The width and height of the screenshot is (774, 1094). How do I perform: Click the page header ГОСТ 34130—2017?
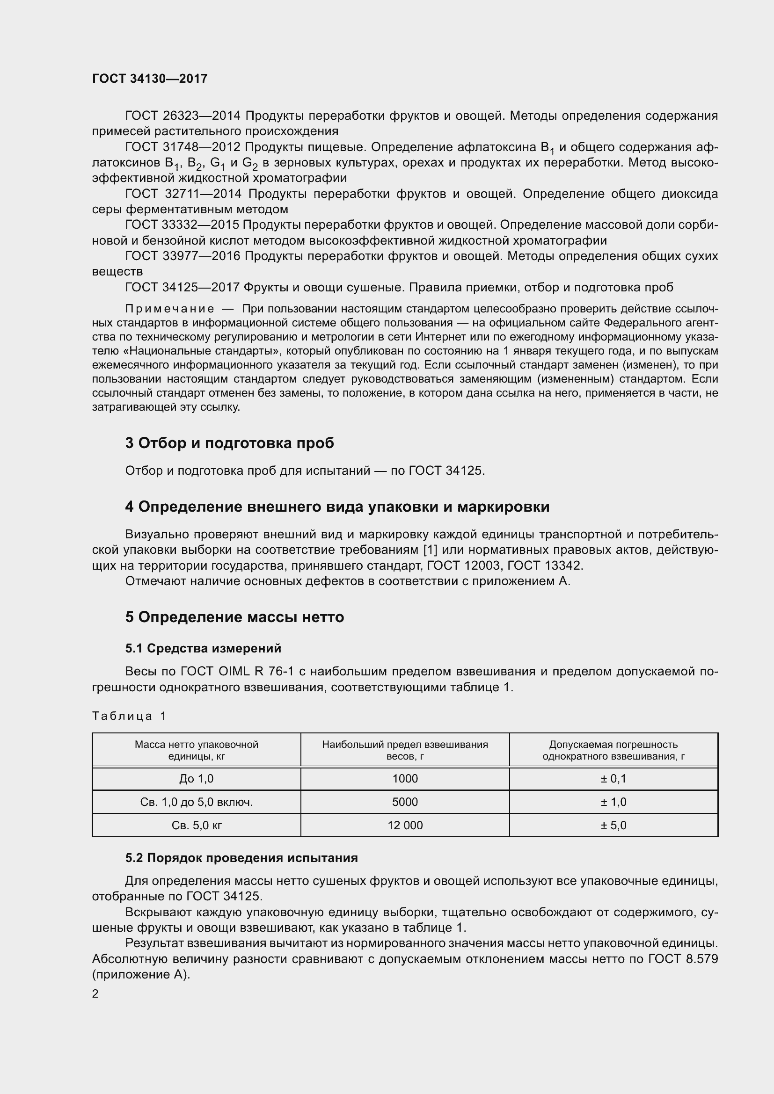coord(150,79)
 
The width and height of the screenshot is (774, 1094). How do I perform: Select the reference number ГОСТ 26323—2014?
coord(183,116)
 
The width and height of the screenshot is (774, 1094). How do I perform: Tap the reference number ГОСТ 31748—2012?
coord(183,147)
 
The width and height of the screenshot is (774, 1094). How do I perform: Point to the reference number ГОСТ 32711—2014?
coord(184,194)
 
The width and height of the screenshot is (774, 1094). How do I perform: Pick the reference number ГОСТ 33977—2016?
coord(183,256)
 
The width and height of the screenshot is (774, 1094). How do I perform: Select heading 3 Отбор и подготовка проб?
coord(229,443)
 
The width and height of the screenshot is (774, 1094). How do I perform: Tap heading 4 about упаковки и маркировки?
coord(337,507)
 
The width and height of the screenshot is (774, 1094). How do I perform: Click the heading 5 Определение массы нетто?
coord(234,617)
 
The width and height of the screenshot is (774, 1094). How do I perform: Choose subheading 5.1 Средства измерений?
coord(203,648)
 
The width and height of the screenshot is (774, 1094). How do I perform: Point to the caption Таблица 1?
coord(129,716)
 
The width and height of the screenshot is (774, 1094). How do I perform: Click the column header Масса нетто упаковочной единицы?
coord(197,750)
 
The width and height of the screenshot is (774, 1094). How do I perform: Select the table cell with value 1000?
coord(405,779)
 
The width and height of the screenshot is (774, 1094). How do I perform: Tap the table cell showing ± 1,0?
coord(613,802)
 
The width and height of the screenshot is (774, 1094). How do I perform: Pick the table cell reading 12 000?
coord(405,825)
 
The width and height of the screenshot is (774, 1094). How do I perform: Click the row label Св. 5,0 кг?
coord(197,825)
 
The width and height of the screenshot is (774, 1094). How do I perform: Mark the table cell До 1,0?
coord(197,779)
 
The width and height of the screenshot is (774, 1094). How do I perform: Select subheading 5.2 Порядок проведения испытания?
coord(241,858)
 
